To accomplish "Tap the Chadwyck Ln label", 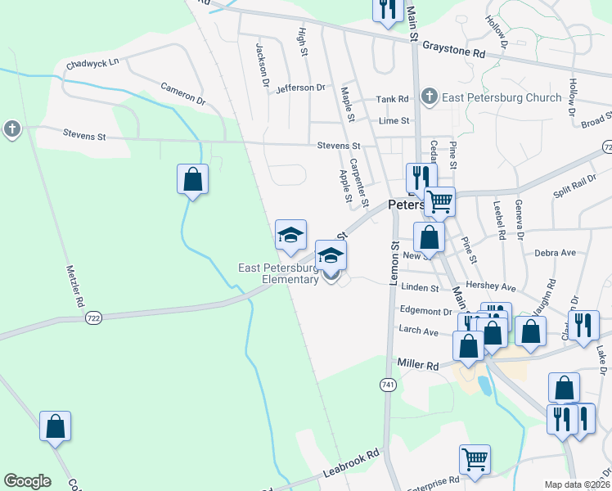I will (92, 61).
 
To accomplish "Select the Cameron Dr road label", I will (182, 92).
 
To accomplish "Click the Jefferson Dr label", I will (300, 88).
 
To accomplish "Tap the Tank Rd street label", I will (392, 99).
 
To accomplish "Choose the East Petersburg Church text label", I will (502, 97).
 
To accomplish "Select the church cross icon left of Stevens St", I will (11, 128).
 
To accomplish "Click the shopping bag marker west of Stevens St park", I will (192, 178).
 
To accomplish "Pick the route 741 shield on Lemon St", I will (388, 384).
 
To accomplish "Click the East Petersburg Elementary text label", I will (278, 273).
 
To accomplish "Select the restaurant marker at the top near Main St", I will (386, 8).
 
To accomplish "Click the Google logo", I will (27, 481).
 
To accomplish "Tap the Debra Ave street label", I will (556, 253).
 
